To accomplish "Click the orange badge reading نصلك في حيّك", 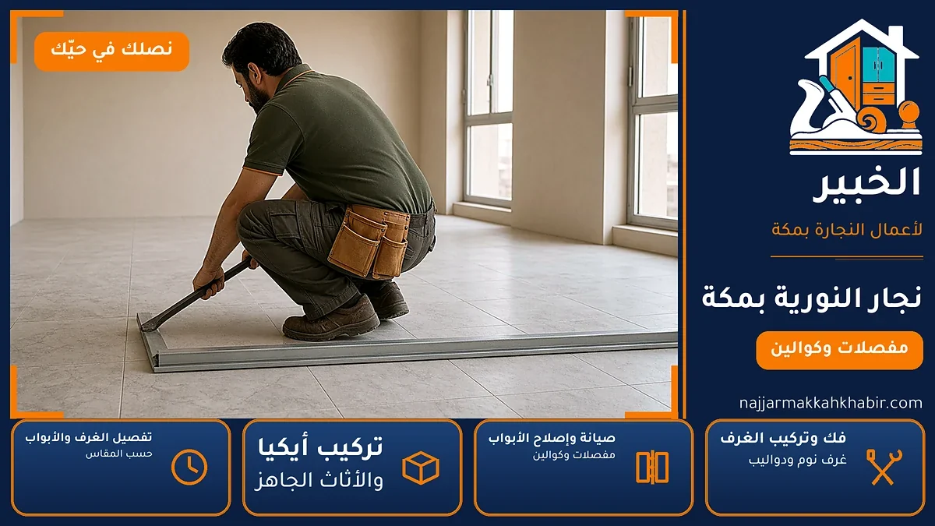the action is (x=112, y=51).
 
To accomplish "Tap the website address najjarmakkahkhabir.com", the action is (x=831, y=404).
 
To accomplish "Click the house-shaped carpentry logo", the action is (x=856, y=86).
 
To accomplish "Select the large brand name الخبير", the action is (x=866, y=185).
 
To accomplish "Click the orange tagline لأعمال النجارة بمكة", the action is (x=847, y=230).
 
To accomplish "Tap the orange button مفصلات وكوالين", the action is (x=839, y=350).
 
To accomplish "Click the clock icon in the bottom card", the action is (x=189, y=467).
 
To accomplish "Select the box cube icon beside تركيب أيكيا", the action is (x=421, y=468).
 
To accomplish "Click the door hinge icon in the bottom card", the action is (x=652, y=468).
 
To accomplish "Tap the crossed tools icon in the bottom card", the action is (x=884, y=467).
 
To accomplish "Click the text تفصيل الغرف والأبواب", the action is (x=89, y=437).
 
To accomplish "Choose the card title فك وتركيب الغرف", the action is (x=783, y=438).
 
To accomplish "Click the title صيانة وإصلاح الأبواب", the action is (x=552, y=438).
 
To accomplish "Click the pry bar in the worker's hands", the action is (x=196, y=295).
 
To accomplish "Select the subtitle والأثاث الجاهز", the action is (x=319, y=481).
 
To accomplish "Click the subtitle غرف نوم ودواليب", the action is (x=797, y=460).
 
